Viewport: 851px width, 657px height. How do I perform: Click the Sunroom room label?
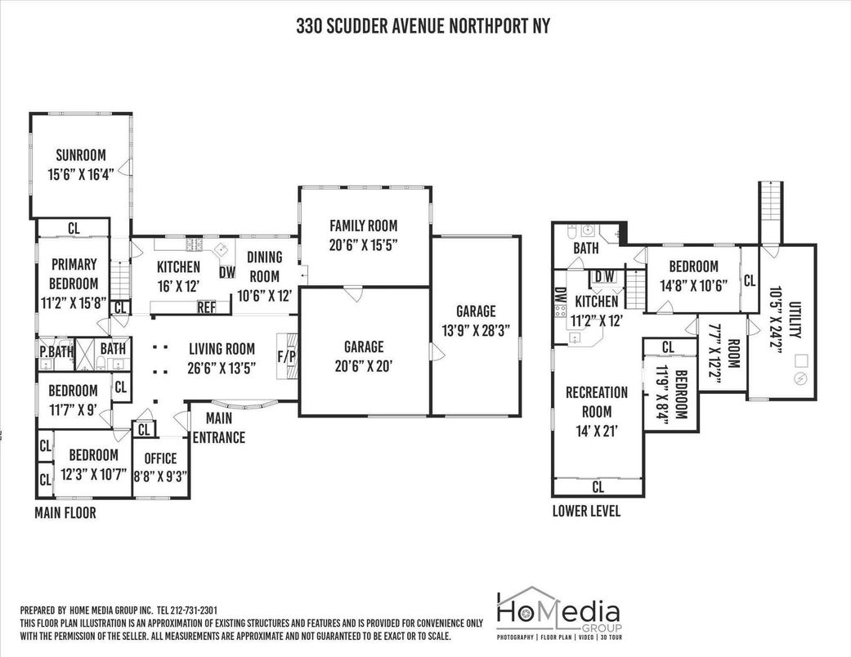click(81, 155)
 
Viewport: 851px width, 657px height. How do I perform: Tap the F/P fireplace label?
click(287, 356)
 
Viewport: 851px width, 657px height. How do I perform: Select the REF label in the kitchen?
click(206, 307)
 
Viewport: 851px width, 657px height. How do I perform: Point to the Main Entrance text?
click(219, 427)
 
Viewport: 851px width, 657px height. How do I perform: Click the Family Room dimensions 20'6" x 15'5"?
click(364, 244)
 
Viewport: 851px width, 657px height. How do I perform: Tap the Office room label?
click(161, 458)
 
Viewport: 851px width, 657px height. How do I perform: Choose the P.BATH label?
click(56, 351)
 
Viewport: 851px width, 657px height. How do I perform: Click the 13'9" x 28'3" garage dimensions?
click(476, 330)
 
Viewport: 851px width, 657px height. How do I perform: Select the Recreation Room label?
click(597, 401)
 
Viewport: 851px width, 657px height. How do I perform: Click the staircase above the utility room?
click(770, 212)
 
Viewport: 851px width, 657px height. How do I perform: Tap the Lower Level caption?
click(586, 511)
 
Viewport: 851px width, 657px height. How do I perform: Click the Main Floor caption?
click(65, 512)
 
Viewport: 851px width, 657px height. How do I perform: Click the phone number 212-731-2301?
click(194, 610)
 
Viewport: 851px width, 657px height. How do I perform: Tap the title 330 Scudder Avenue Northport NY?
click(423, 25)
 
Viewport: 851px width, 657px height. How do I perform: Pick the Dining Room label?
click(265, 266)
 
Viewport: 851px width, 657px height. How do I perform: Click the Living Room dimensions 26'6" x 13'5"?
click(222, 369)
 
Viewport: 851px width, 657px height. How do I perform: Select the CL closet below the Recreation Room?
click(598, 487)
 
